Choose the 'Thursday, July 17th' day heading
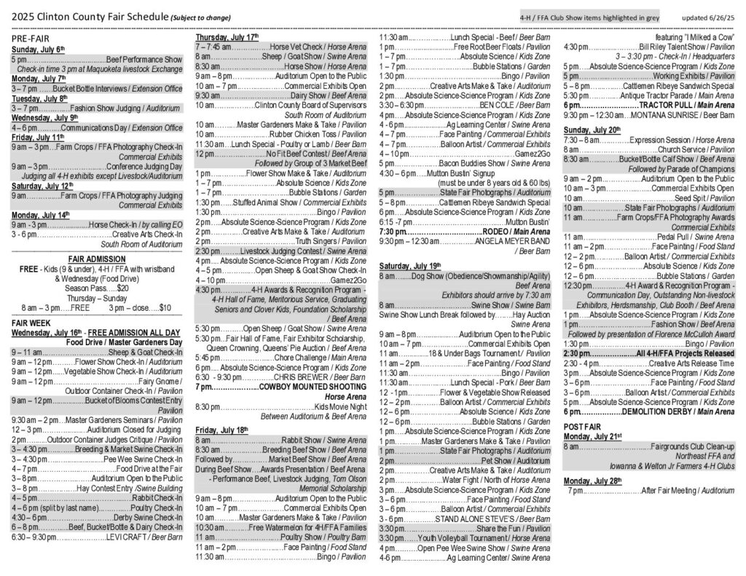tap(227, 36)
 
